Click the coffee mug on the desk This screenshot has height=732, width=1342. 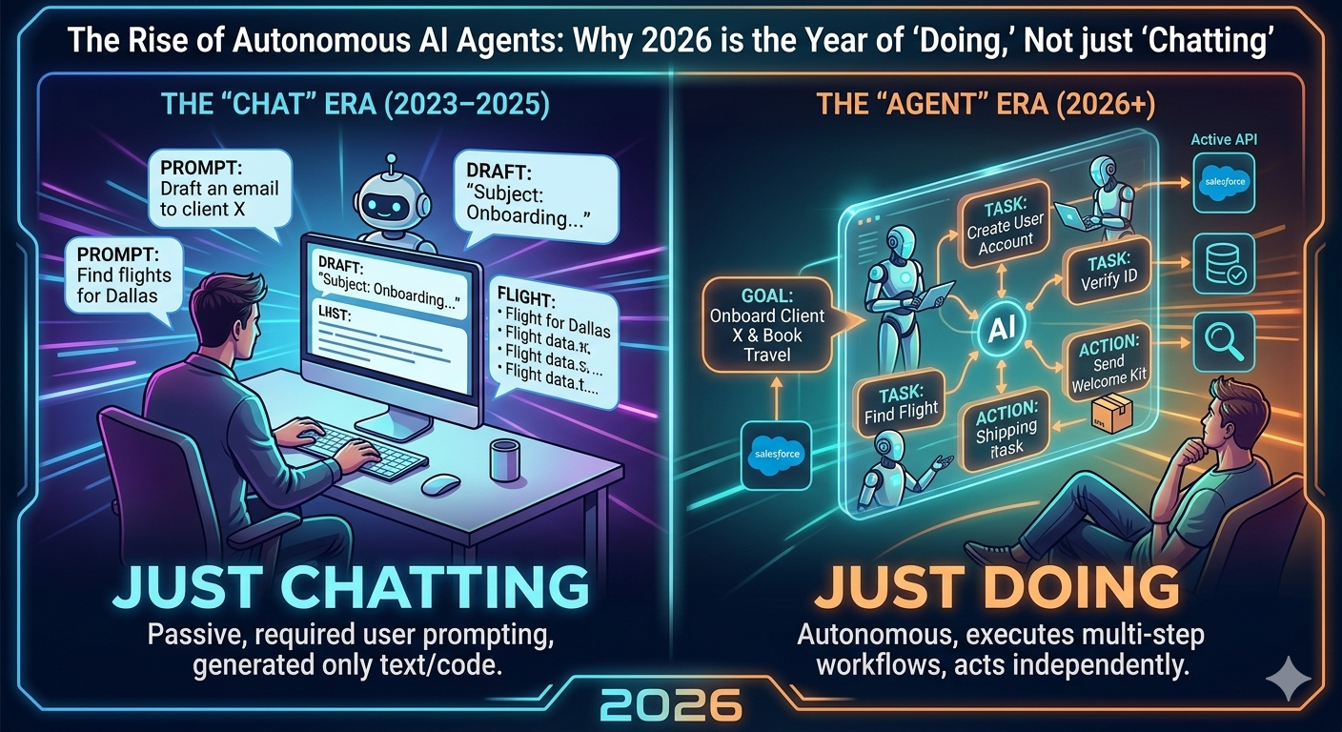(x=501, y=459)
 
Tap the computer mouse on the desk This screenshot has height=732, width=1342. (x=440, y=483)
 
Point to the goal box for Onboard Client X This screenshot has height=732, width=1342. (x=768, y=324)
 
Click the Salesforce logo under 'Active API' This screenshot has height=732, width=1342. (x=1224, y=181)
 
